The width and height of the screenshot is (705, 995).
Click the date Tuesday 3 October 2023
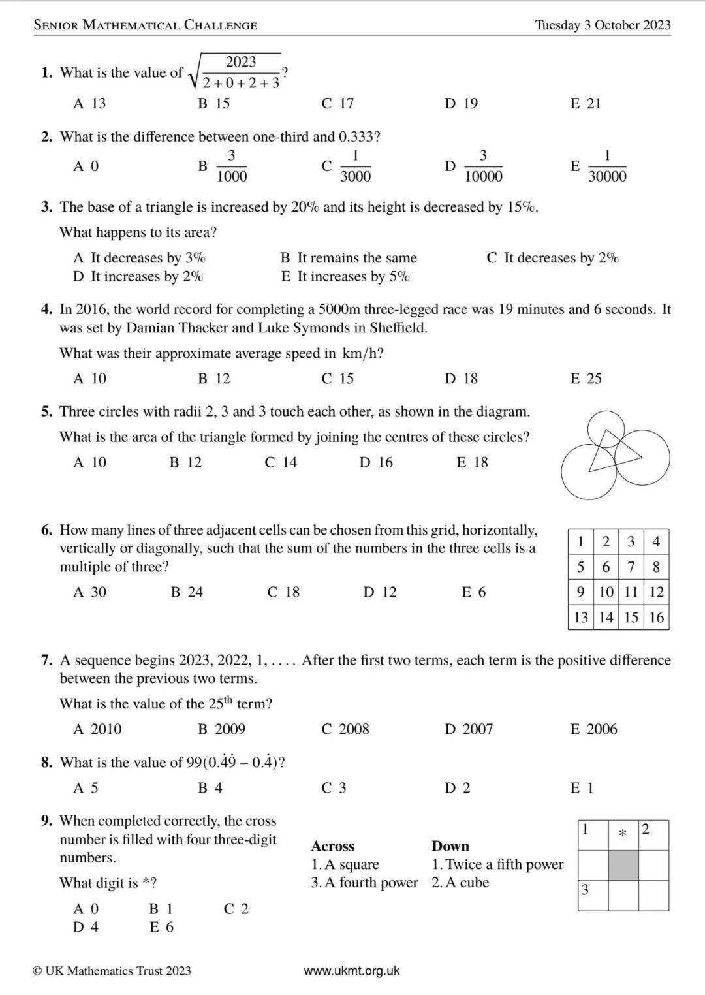[603, 25]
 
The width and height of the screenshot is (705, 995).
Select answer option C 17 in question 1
[337, 103]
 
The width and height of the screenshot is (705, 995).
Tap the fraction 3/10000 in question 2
[482, 166]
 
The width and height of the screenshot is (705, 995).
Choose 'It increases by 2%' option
[138, 277]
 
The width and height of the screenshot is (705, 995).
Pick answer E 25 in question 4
[586, 379]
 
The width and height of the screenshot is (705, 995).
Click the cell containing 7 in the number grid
[631, 567]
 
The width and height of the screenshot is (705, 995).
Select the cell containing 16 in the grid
[656, 617]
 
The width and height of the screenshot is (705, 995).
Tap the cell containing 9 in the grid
[580, 592]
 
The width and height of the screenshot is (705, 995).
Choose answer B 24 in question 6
[187, 592]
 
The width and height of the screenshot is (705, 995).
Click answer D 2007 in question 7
[469, 729]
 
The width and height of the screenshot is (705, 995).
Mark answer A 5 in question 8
[86, 788]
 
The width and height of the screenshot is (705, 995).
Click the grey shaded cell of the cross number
[623, 866]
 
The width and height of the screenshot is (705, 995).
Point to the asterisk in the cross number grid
[623, 834]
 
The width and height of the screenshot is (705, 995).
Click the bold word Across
[333, 846]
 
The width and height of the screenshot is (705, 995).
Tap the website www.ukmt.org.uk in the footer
[352, 971]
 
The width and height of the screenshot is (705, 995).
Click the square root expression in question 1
[236, 72]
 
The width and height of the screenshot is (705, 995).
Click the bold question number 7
[46, 660]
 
